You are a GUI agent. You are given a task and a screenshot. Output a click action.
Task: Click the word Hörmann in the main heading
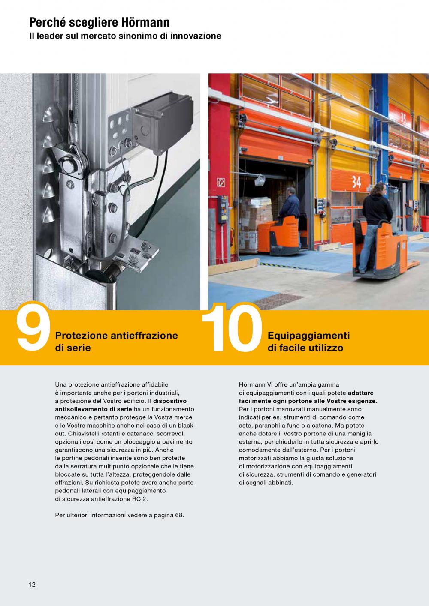(x=145, y=22)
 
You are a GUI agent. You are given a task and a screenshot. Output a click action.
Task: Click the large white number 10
(x=232, y=329)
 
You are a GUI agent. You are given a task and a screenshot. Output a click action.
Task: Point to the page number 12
(x=32, y=585)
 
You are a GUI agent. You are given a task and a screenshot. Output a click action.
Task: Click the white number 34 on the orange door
(x=356, y=182)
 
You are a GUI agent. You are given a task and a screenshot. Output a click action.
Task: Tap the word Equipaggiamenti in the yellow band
(x=309, y=336)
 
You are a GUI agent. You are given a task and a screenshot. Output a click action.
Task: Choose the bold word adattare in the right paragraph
(x=361, y=393)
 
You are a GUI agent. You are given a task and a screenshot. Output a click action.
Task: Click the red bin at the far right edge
(x=424, y=223)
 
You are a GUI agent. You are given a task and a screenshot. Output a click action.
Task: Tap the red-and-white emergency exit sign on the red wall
(x=221, y=183)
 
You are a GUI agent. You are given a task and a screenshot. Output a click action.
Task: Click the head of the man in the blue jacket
(x=291, y=191)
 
